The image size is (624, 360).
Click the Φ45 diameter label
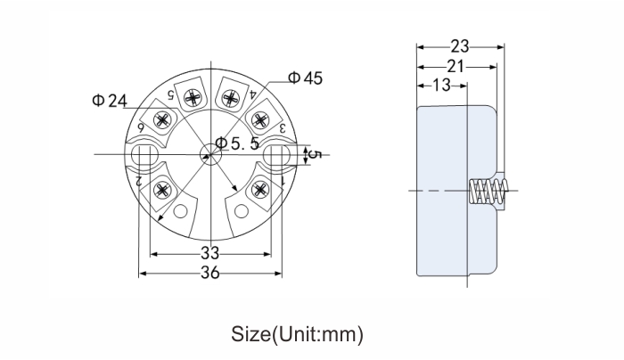[305, 78]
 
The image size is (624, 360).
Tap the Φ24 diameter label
[110, 101]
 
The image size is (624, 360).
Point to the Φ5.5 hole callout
[237, 143]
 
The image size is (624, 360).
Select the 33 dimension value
[209, 252]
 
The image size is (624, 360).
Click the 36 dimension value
[209, 273]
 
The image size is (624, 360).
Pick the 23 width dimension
[460, 46]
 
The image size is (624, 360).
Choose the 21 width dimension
[456, 66]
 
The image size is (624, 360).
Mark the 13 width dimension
[441, 86]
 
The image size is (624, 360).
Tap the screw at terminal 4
[230, 98]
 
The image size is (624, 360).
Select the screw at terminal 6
[163, 119]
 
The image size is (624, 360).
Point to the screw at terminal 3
[260, 120]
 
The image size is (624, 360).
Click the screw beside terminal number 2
[162, 190]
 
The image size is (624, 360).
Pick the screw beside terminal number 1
[260, 189]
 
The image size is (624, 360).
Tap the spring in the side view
[488, 191]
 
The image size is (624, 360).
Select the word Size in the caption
[250, 334]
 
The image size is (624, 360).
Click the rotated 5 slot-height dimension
[316, 154]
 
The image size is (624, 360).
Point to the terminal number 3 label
[283, 128]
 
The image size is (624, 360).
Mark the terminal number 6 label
[141, 128]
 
